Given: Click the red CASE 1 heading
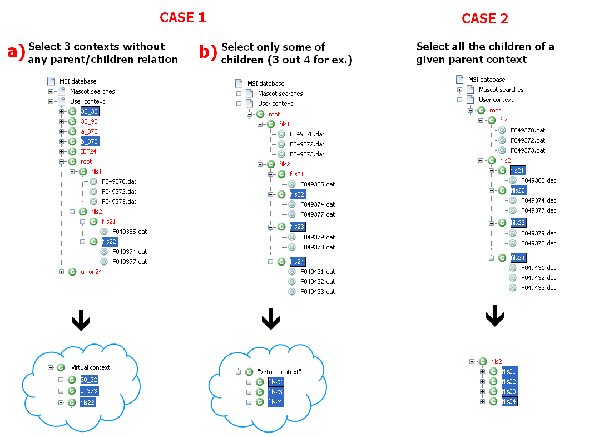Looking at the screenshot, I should click(x=182, y=17).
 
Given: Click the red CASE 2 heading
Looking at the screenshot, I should click(x=484, y=18).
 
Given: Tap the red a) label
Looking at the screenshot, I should click(x=16, y=52).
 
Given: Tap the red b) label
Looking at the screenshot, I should click(x=209, y=52).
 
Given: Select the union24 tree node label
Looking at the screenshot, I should click(x=91, y=272).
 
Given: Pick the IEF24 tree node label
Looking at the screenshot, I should click(x=89, y=151).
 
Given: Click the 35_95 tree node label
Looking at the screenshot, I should click(x=89, y=121).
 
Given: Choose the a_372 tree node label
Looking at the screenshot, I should click(x=89, y=131).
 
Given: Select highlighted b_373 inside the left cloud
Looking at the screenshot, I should click(x=89, y=391).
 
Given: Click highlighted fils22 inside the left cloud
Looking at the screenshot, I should click(x=88, y=402).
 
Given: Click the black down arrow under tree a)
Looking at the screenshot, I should click(x=81, y=321).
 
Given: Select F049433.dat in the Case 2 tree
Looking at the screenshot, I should click(x=538, y=288).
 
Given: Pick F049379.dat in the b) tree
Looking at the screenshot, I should click(x=318, y=237).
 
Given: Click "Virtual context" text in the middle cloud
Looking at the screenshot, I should click(x=279, y=371).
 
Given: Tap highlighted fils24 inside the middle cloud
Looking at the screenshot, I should click(x=275, y=402).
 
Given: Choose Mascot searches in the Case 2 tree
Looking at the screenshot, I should click(x=501, y=90).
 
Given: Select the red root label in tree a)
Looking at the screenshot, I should click(x=86, y=161).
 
